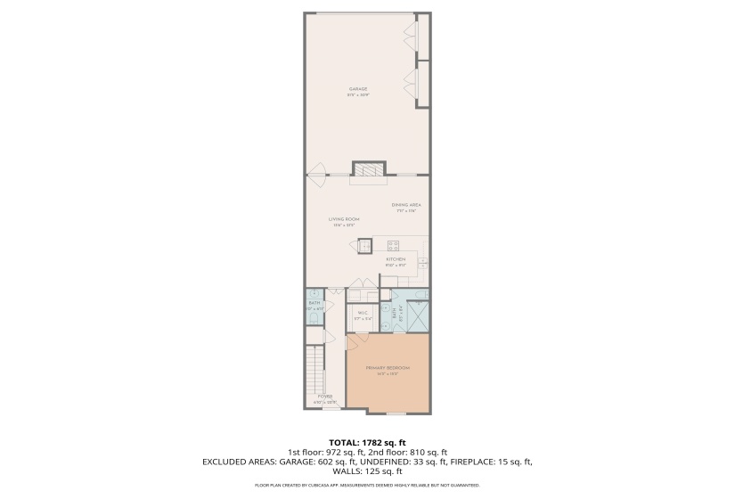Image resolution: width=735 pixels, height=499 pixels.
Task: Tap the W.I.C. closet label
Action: point(363,315)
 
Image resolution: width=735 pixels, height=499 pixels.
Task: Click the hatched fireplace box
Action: point(368,169)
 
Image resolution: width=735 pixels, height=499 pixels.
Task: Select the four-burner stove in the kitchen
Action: point(393,245)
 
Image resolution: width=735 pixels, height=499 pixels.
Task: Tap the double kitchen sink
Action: point(424,262)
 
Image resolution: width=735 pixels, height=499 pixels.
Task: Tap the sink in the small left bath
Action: point(314,295)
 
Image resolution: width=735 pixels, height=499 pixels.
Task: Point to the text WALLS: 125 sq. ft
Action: point(367,471)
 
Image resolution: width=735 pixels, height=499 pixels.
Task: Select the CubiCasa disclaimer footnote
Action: point(367,486)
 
